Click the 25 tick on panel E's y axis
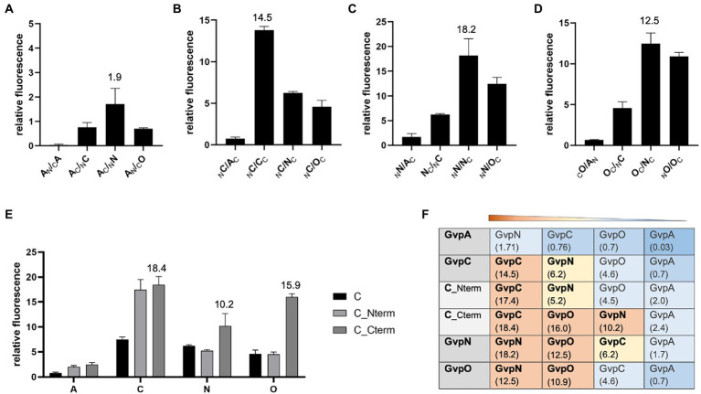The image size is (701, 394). [30, 251]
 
